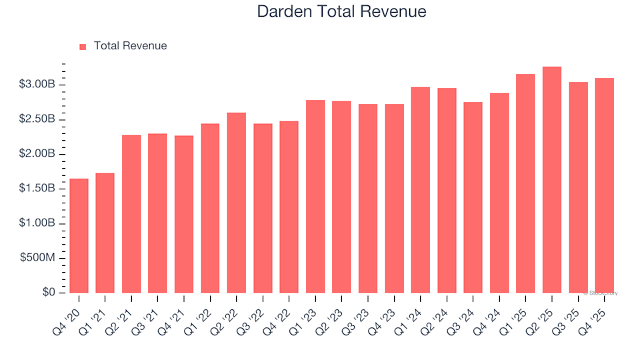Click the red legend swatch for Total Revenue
coord(83,47)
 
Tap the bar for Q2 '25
coord(551,180)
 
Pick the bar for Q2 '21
coord(131,214)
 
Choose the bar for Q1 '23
coord(315,197)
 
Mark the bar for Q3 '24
coord(473,197)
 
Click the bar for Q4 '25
coord(604,185)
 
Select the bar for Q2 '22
coord(236,203)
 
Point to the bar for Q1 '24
coord(421,190)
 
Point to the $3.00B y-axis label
coord(37,85)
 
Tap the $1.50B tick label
coord(37,189)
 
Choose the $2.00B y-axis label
coord(37,154)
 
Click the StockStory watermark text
coord(601,293)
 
